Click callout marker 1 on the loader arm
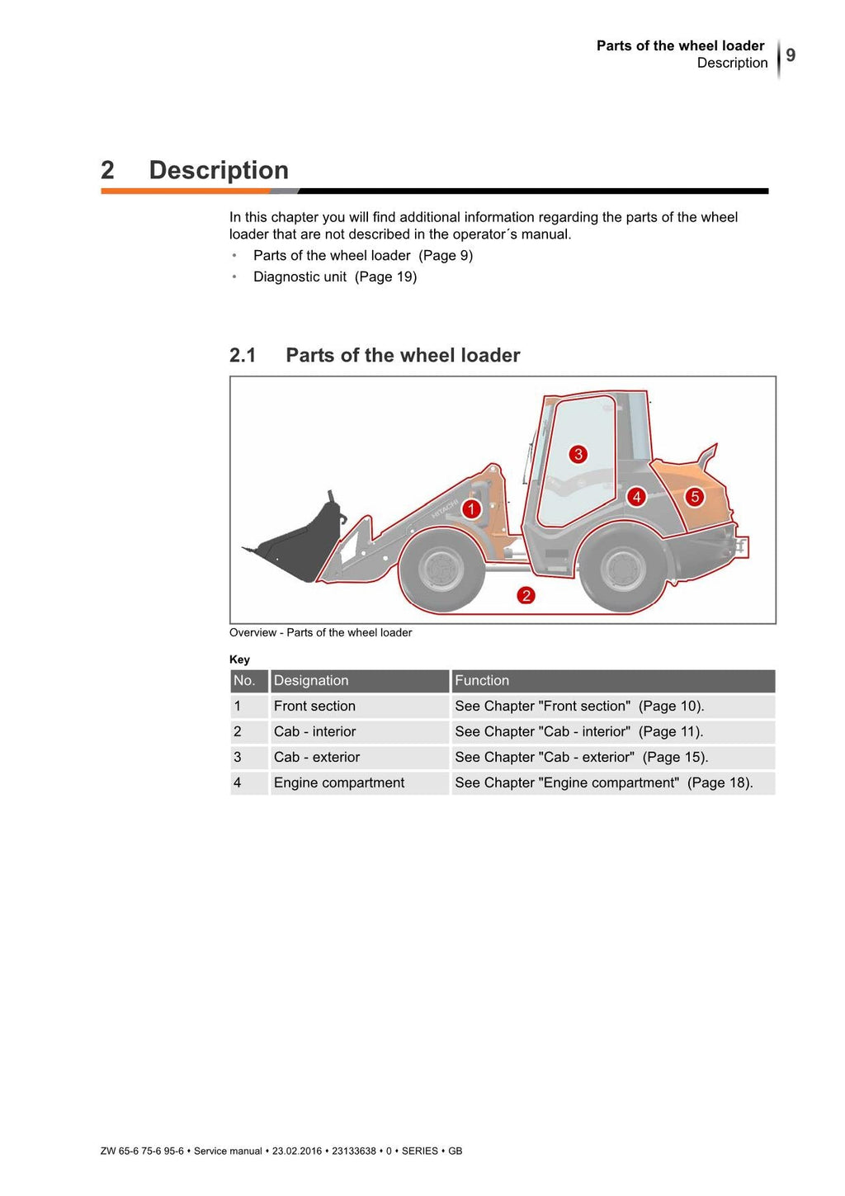(x=471, y=508)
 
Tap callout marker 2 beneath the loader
(x=526, y=595)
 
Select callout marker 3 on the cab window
(x=578, y=454)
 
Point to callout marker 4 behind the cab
(x=636, y=497)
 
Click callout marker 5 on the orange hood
(x=695, y=497)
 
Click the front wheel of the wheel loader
(x=441, y=570)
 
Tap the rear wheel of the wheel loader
(x=623, y=570)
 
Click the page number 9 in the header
(x=791, y=55)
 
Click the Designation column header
(x=311, y=681)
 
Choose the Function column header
(x=482, y=681)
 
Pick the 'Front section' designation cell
(x=314, y=707)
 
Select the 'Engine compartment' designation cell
(x=339, y=783)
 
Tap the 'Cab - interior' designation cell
(x=314, y=732)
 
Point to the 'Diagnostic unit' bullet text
(x=300, y=277)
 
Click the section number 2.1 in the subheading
(x=243, y=356)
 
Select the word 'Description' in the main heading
(x=219, y=170)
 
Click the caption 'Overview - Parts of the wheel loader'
(x=320, y=633)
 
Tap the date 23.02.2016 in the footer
(x=297, y=1151)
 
